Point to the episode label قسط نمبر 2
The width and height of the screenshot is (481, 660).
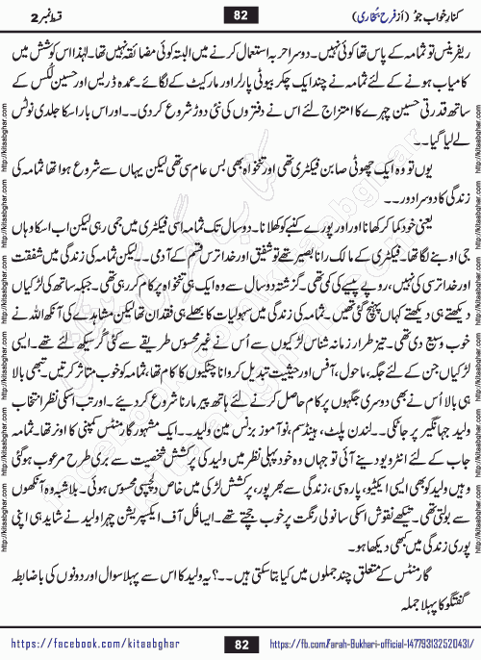point(42,14)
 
